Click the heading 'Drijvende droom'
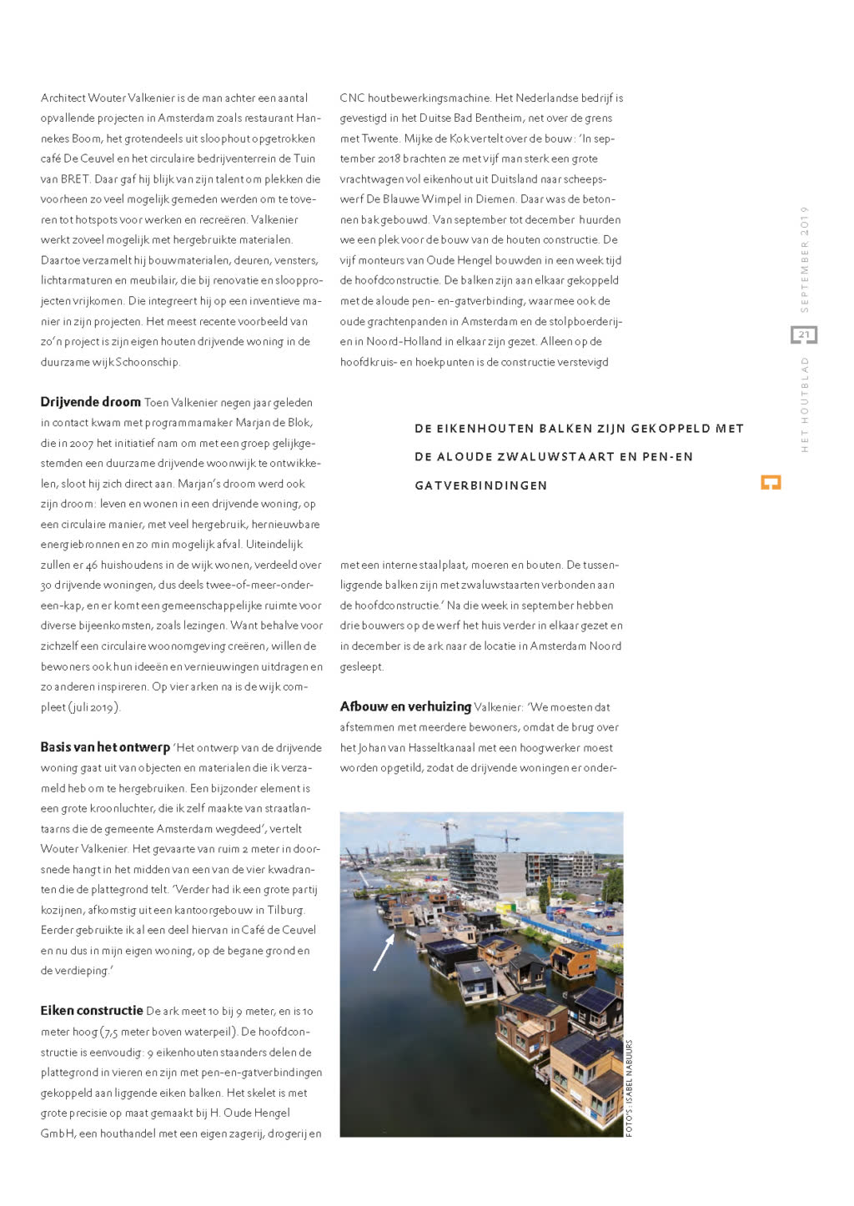point(90,402)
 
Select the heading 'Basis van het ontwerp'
point(105,747)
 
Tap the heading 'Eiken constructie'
point(92,1011)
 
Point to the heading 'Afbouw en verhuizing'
point(405,706)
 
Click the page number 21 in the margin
point(804,335)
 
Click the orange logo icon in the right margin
point(771,483)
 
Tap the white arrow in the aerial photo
point(384,952)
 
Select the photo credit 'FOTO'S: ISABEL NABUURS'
point(630,1088)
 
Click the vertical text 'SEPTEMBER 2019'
point(805,259)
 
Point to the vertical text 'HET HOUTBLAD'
point(805,405)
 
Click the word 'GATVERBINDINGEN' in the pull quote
point(480,485)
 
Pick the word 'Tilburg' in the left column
point(286,910)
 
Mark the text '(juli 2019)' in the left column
point(94,707)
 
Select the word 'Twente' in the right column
point(379,138)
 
